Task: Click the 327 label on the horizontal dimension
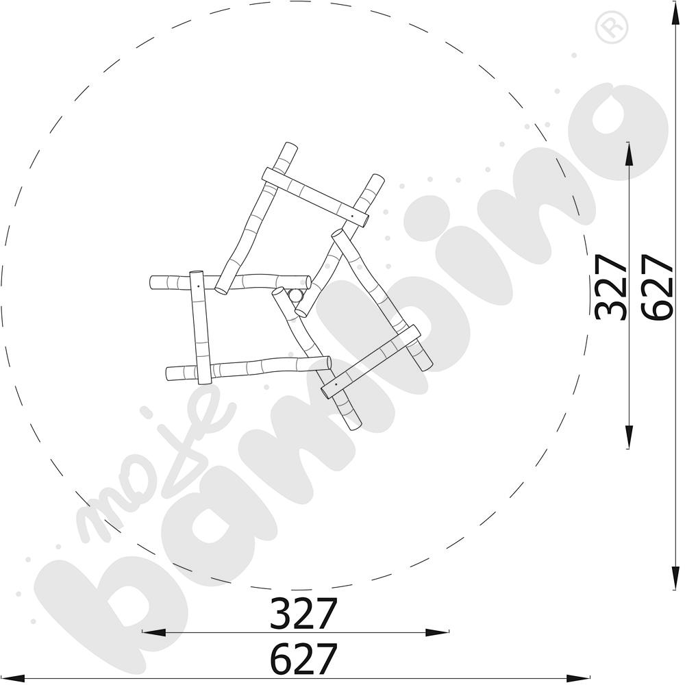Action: pos(304,612)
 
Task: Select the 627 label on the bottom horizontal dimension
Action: pos(304,658)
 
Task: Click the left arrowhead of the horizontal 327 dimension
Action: pos(153,632)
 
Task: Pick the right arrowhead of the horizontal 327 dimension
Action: pos(437,632)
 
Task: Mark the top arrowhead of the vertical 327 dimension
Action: pos(628,153)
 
